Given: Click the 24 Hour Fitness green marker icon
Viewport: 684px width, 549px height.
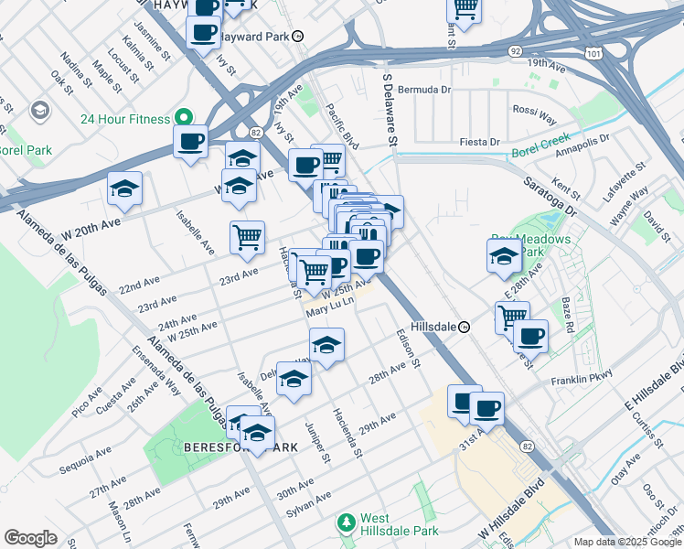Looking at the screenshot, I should pyautogui.click(x=183, y=118).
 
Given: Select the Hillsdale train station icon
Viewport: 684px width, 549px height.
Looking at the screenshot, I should pyautogui.click(x=464, y=326).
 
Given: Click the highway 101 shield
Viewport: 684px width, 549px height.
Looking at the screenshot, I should pyautogui.click(x=596, y=54).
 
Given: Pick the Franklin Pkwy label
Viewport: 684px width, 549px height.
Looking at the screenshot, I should pyautogui.click(x=580, y=379).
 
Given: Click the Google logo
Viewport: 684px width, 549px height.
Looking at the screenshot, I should pyautogui.click(x=30, y=538).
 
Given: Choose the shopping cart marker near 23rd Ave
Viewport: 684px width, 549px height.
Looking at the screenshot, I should pyautogui.click(x=247, y=237).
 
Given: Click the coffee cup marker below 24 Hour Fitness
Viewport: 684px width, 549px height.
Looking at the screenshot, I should pyautogui.click(x=191, y=142).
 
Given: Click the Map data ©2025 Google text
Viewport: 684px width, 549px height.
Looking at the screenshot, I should pyautogui.click(x=626, y=541).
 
